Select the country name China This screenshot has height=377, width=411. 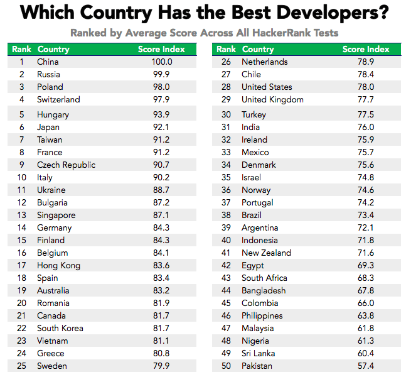[48, 62]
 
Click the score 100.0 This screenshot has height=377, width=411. [161, 62]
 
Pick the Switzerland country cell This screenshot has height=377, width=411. [59, 99]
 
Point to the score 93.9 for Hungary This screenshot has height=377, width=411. [161, 114]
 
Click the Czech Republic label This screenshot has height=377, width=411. [67, 165]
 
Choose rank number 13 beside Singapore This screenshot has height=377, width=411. [21, 215]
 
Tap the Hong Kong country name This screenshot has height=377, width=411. [59, 265]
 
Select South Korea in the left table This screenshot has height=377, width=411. [60, 328]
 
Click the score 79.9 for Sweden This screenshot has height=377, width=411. [161, 366]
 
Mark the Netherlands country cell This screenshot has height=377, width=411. [264, 62]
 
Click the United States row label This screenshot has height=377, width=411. [267, 87]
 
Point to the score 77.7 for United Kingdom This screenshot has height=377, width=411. [366, 99]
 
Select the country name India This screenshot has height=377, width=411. [252, 127]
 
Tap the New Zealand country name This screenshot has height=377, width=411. [266, 253]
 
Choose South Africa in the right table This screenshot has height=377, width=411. [264, 278]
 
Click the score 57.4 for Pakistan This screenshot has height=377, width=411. [366, 366]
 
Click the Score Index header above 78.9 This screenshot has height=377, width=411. [366, 49]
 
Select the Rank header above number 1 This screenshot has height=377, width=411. [21, 49]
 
